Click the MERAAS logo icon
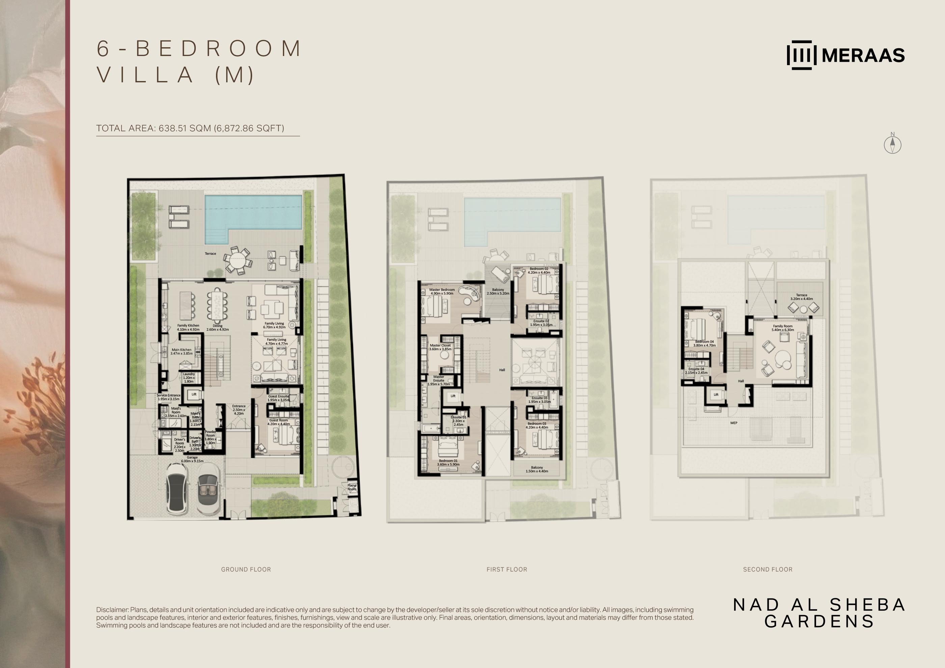(801, 55)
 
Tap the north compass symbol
(892, 144)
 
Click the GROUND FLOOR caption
(246, 569)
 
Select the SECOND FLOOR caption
(767, 569)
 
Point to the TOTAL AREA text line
(190, 128)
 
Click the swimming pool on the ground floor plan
(253, 214)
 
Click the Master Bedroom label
(442, 289)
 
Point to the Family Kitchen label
(188, 325)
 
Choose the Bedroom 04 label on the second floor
(704, 342)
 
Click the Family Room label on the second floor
(782, 326)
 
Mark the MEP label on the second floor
(733, 423)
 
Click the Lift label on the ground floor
(194, 394)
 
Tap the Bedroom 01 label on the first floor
(448, 461)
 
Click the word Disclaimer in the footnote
(112, 610)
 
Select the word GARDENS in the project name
(819, 621)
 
